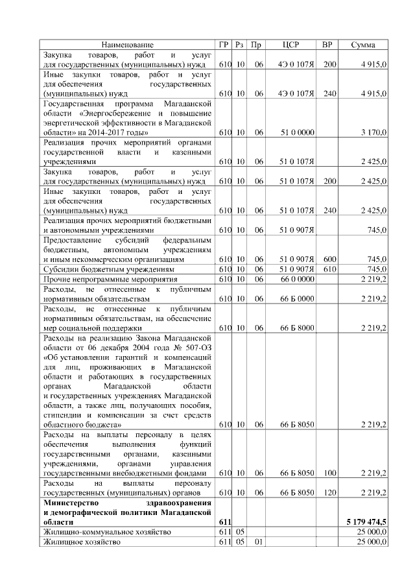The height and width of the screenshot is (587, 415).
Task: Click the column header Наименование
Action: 128,45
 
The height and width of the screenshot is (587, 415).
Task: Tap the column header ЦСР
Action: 291,45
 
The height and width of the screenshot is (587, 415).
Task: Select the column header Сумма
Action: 363,45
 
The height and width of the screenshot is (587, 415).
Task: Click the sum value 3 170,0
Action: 373,132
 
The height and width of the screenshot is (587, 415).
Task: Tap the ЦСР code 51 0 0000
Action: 296,132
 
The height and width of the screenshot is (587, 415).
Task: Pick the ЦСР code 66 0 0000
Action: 296,278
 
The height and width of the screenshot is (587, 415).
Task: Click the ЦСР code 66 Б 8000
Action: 296,328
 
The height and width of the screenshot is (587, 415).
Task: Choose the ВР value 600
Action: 329,259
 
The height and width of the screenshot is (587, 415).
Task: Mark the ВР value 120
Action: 329,492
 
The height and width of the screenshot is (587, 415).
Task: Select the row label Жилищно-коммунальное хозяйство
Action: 107,532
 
